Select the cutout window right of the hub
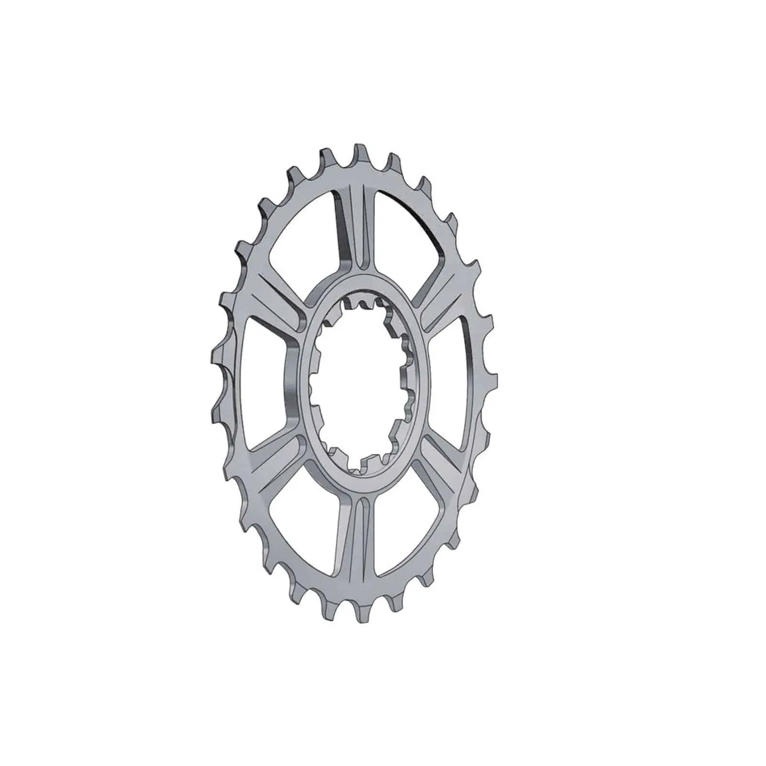pyautogui.click(x=450, y=373)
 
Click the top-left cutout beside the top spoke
pyautogui.click(x=306, y=239)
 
